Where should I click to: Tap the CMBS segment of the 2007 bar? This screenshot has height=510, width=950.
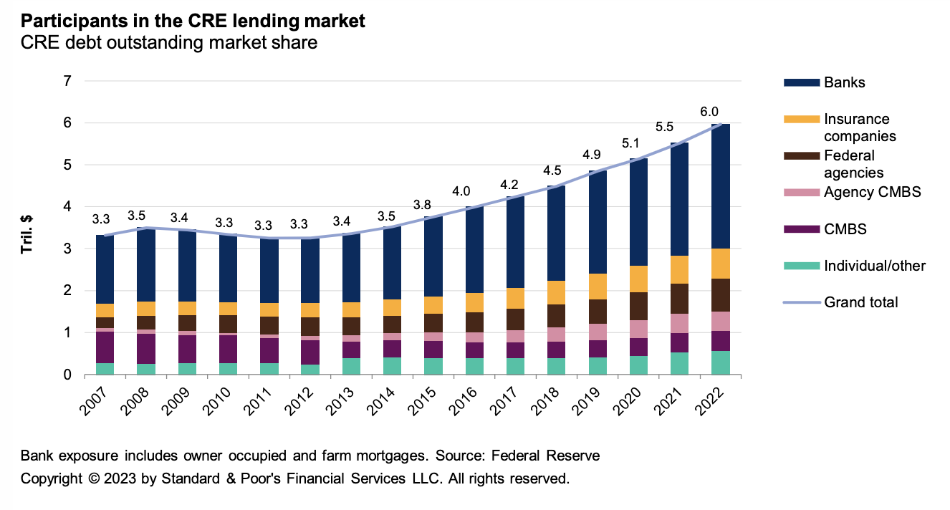coord(105,347)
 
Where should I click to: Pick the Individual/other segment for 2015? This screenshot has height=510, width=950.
coord(432,366)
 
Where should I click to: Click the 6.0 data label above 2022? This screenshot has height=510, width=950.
coord(709,112)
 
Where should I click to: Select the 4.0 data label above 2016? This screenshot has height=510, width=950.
coord(463,192)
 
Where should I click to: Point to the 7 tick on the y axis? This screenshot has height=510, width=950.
coord(68,81)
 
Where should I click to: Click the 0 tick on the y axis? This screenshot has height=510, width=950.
coord(68,375)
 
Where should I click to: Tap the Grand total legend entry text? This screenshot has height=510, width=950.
coord(860,302)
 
